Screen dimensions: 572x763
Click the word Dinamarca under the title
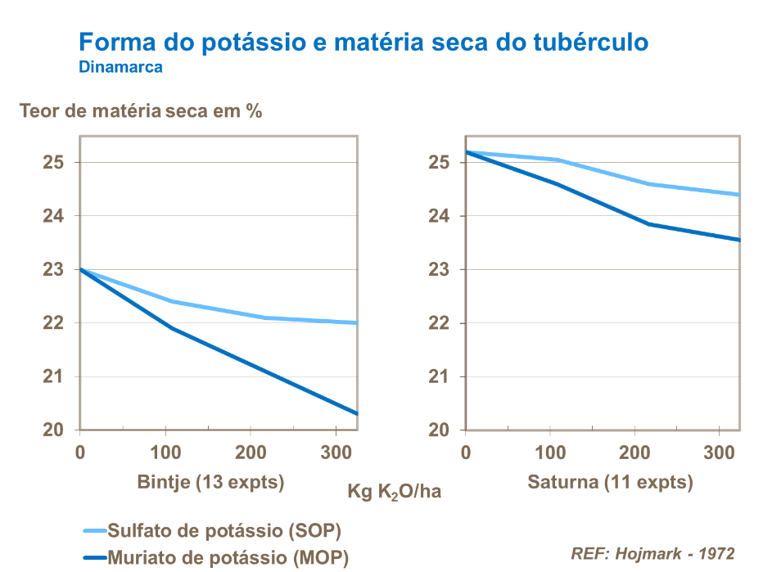click(120, 67)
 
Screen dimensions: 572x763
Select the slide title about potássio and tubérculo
click(363, 42)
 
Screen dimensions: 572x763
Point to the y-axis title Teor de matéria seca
click(141, 110)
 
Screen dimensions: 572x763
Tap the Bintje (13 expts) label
click(210, 482)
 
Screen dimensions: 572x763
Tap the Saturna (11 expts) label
click(610, 482)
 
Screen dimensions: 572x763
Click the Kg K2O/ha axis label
click(395, 492)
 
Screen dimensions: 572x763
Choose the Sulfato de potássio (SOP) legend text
click(225, 530)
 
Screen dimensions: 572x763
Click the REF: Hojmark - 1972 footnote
click(652, 553)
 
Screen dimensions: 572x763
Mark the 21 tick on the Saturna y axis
click(440, 376)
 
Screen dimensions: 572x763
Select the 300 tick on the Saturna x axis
click(717, 453)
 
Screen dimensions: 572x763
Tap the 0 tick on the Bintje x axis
click(80, 453)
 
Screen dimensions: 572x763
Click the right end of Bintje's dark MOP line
click(357, 413)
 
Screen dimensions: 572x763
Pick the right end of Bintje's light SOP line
click(357, 322)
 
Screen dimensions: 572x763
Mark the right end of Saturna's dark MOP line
click(739, 240)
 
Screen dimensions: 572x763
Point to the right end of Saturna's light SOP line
click(739, 195)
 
